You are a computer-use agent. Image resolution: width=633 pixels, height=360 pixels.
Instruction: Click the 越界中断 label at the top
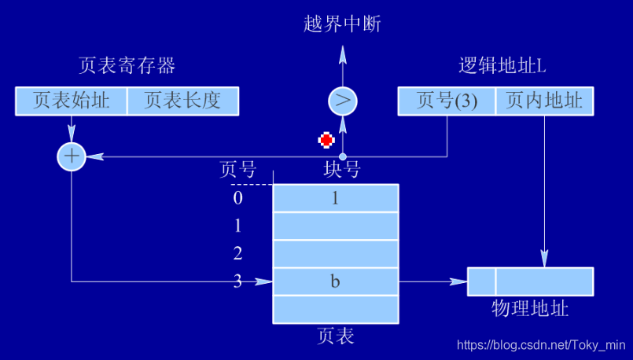[342, 24]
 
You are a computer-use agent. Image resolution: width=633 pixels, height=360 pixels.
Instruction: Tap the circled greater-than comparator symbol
[342, 101]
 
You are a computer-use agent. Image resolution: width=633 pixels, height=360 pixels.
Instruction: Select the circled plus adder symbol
[72, 157]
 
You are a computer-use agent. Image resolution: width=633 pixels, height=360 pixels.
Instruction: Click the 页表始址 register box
[71, 101]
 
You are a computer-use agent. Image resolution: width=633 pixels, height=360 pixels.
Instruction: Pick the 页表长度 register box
[182, 101]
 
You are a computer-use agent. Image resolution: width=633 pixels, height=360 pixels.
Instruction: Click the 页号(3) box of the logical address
[447, 101]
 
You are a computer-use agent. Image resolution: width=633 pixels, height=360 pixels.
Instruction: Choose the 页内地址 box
[544, 101]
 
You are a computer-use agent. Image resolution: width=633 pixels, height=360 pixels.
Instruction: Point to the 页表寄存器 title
[127, 65]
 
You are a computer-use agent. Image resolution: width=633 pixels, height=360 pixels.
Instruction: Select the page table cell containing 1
[336, 198]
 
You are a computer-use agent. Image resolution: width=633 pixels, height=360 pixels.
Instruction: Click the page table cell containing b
[336, 281]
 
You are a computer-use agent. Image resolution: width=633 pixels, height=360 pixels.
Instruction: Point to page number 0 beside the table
[237, 198]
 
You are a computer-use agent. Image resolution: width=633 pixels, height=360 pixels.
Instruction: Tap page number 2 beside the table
[237, 253]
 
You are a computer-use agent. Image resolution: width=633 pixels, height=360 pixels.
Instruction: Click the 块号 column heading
[342, 169]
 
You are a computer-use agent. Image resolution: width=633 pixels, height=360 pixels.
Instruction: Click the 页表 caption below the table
[336, 336]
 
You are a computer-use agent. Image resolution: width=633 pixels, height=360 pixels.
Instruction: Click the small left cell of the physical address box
[481, 281]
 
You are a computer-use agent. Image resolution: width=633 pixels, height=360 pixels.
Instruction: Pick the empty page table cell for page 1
[336, 226]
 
